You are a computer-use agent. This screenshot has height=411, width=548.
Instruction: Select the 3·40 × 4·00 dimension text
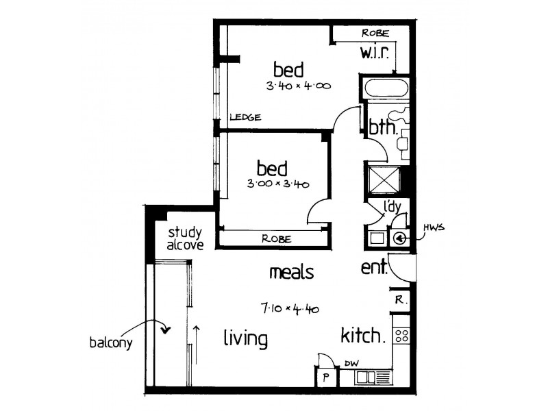click(299, 86)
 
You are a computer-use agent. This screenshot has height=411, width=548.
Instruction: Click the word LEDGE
click(245, 118)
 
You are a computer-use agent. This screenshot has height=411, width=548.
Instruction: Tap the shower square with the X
click(384, 179)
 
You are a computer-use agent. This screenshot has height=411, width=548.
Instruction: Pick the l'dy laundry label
click(391, 206)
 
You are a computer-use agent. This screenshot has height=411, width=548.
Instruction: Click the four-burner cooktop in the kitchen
click(402, 336)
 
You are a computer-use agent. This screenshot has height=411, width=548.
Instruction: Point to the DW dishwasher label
click(351, 364)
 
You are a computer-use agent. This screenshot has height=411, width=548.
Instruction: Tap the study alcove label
click(186, 238)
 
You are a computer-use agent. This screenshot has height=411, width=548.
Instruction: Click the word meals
click(291, 273)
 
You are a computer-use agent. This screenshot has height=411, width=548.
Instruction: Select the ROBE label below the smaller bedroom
click(277, 239)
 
